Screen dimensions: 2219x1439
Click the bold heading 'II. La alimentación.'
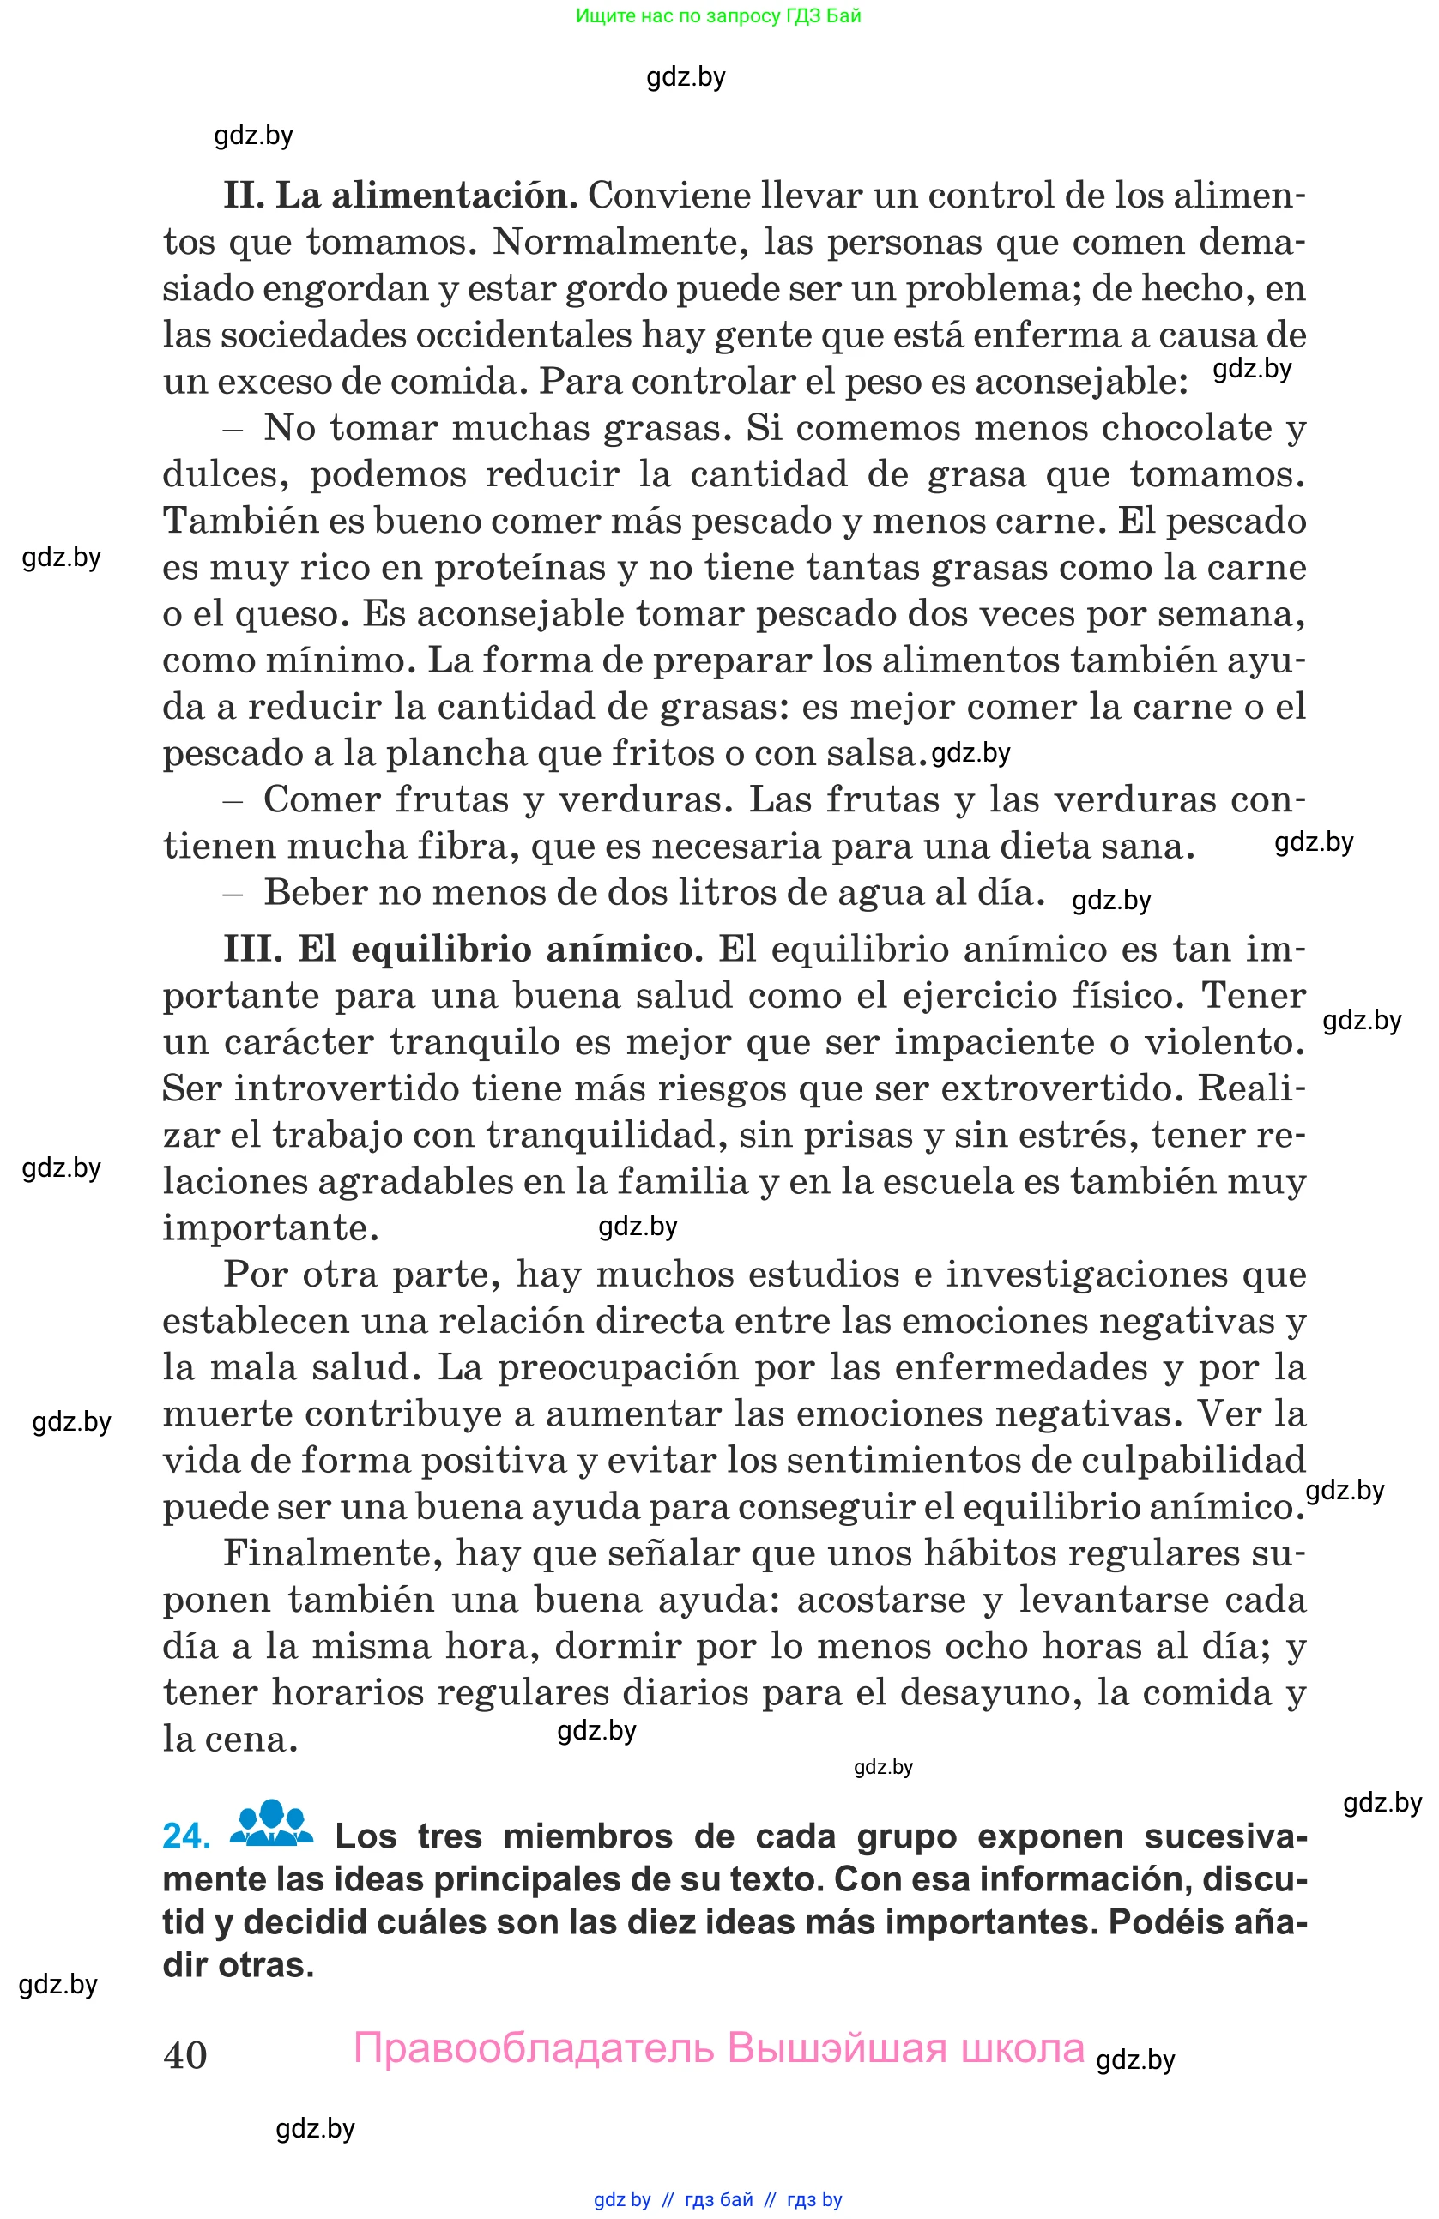click(400, 196)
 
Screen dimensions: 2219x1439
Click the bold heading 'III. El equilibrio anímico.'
click(463, 950)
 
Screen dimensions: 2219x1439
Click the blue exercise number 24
click(186, 1835)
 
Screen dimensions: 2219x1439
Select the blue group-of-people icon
click(271, 1824)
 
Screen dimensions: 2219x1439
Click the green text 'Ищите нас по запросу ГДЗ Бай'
click(718, 15)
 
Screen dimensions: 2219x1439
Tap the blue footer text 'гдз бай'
click(718, 2199)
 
